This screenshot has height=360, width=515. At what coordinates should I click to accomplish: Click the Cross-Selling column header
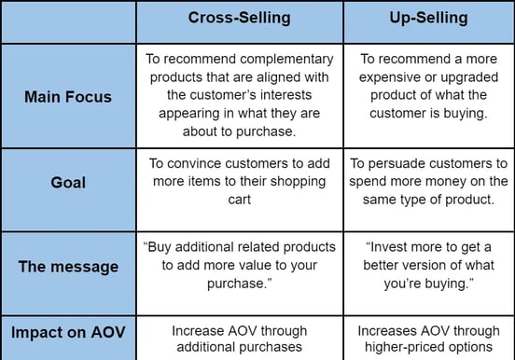pos(240,18)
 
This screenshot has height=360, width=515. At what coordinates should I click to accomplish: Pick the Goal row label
pos(67,184)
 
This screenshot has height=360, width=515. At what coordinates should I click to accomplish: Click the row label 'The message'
pos(67,267)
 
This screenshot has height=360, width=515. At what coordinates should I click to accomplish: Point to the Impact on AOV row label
pos(67,333)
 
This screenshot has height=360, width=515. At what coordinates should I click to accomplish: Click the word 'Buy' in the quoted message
pos(164,248)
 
